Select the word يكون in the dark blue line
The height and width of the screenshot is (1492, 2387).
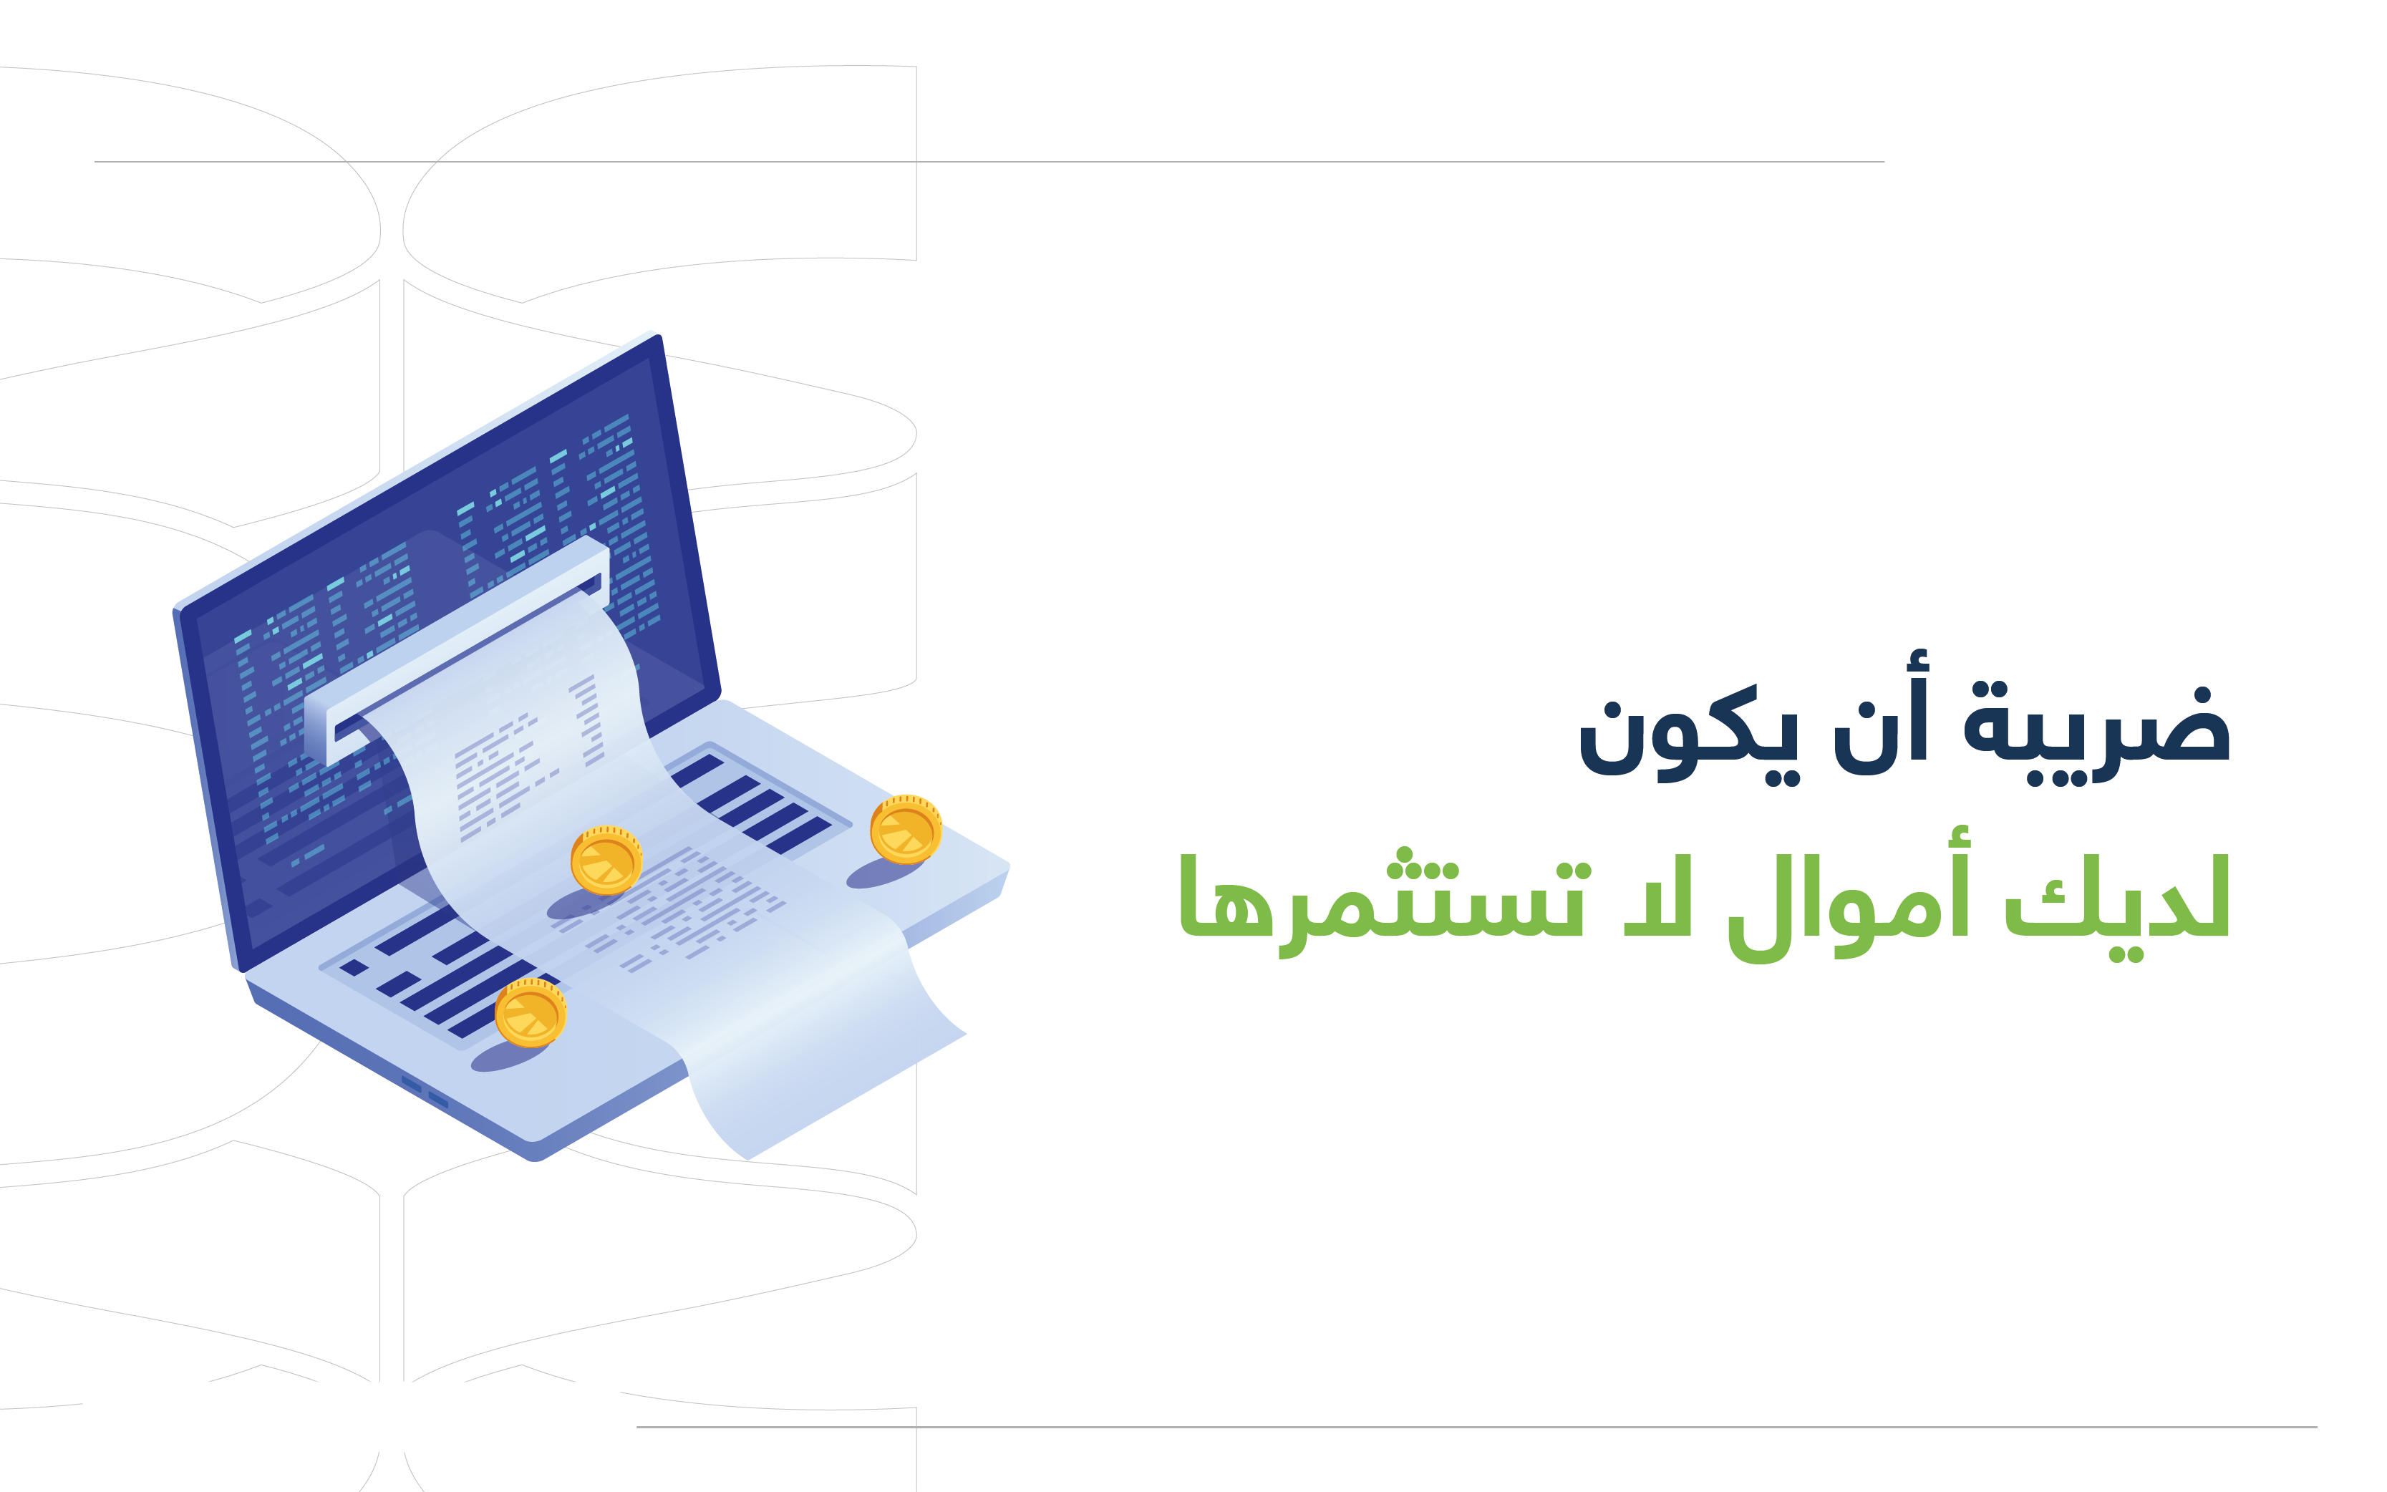[x=1690, y=735]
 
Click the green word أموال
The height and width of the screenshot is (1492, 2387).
[x=1849, y=896]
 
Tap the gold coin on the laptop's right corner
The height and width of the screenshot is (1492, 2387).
[x=906, y=829]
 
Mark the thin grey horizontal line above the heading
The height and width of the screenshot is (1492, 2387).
[x=989, y=162]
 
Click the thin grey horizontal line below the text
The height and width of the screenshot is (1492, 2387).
[x=1476, y=1427]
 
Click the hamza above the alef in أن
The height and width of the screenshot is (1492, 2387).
[x=1915, y=661]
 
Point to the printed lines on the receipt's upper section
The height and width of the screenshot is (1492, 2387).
[x=523, y=760]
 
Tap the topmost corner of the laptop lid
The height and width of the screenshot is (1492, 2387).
[x=657, y=336]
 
